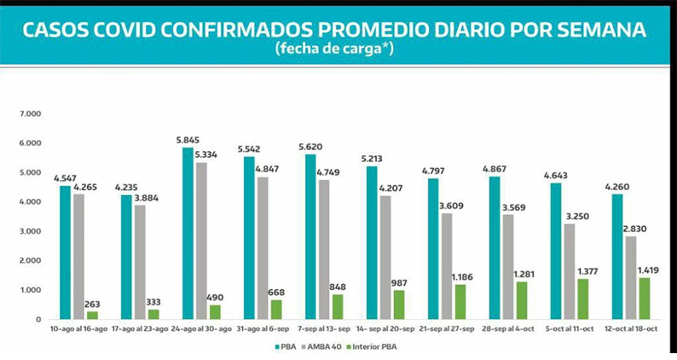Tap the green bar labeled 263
92,315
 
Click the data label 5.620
309,146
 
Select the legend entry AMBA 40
323,346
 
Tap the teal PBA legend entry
286,346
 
